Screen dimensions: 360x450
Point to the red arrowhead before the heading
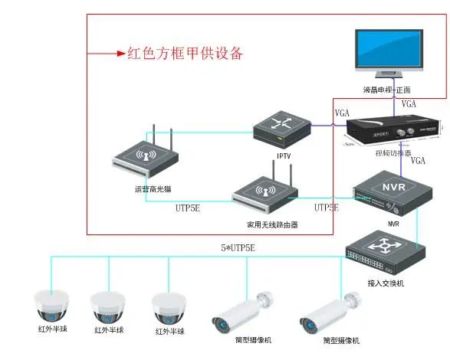[120, 54]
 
